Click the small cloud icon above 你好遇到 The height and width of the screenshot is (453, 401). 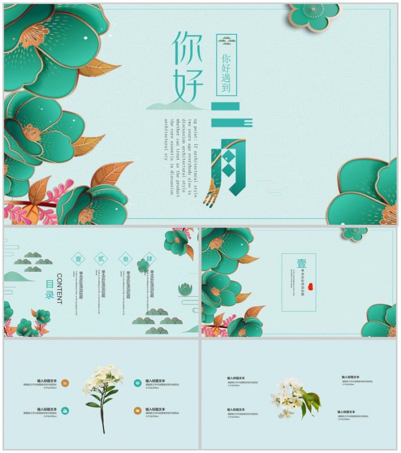pos(227,41)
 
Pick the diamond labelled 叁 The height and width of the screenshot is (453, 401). pos(125,258)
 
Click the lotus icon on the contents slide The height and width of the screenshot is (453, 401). pos(184,289)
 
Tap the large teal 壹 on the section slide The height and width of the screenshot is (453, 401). pos(301,264)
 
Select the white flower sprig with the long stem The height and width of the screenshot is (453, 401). pos(103,394)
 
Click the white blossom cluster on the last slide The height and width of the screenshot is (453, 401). pos(293,396)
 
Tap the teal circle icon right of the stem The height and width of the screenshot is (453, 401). pos(138,383)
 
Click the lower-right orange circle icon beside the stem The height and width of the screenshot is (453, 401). pos(138,410)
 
